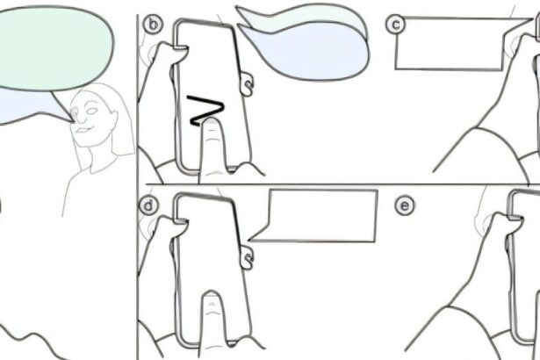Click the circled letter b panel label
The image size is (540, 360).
153,25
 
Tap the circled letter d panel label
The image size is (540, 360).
148,205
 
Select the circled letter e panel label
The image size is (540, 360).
405,205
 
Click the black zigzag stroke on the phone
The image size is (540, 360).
206,111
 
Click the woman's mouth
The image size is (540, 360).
83,130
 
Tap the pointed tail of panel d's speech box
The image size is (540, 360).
249,240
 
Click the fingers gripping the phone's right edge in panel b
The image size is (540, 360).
246,83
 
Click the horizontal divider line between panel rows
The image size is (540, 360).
342,184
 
